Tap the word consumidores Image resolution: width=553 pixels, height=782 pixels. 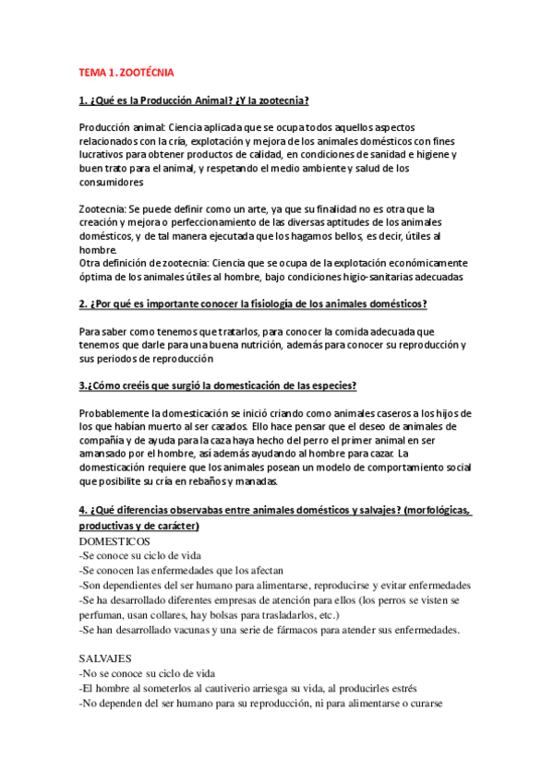pos(115,183)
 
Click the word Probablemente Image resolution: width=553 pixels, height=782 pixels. pos(117,412)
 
